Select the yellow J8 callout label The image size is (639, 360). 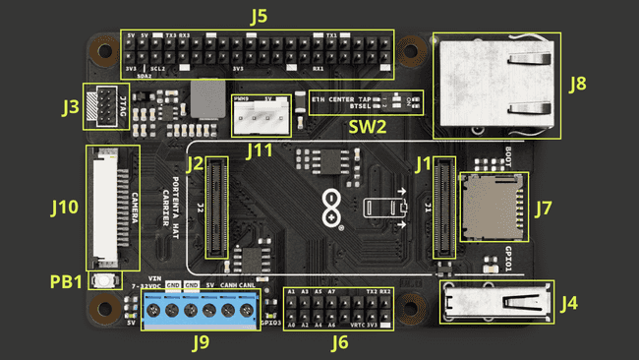click(x=577, y=84)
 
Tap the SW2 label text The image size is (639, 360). click(x=367, y=127)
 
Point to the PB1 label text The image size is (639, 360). click(x=66, y=282)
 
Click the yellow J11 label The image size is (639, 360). click(x=259, y=150)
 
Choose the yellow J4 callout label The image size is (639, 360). click(x=569, y=304)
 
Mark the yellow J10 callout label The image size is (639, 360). click(x=64, y=208)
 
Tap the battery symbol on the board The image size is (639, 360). click(x=381, y=208)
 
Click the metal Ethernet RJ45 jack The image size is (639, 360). click(x=496, y=86)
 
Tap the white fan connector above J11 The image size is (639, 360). click(x=261, y=116)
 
